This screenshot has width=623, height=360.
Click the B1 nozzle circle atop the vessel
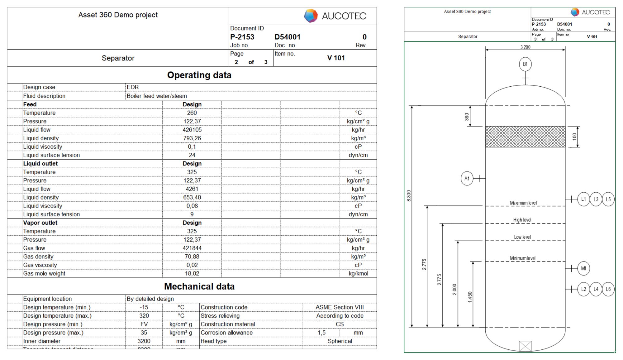[525, 64]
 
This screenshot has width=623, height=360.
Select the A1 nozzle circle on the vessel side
[467, 179]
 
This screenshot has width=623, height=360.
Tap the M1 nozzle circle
[583, 268]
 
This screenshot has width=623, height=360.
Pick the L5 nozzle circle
[608, 199]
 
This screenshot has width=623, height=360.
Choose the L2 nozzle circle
[583, 289]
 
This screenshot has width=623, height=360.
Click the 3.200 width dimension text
[525, 47]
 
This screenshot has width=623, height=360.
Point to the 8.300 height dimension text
[409, 196]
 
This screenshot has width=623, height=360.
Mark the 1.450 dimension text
[470, 297]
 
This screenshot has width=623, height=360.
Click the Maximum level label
[523, 203]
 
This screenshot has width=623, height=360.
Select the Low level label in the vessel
[522, 237]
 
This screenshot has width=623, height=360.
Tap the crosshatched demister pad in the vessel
[525, 137]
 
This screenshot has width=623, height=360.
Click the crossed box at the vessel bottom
[525, 346]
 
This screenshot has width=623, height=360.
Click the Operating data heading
[199, 75]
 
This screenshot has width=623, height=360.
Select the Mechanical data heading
[199, 286]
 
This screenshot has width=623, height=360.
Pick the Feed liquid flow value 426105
[192, 130]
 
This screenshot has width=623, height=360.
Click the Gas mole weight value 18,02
[192, 274]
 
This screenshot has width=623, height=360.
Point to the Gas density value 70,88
[192, 257]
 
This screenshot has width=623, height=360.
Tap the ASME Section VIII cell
[340, 307]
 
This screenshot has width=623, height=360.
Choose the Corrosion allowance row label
[226, 333]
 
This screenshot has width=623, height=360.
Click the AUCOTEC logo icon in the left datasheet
[311, 16]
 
